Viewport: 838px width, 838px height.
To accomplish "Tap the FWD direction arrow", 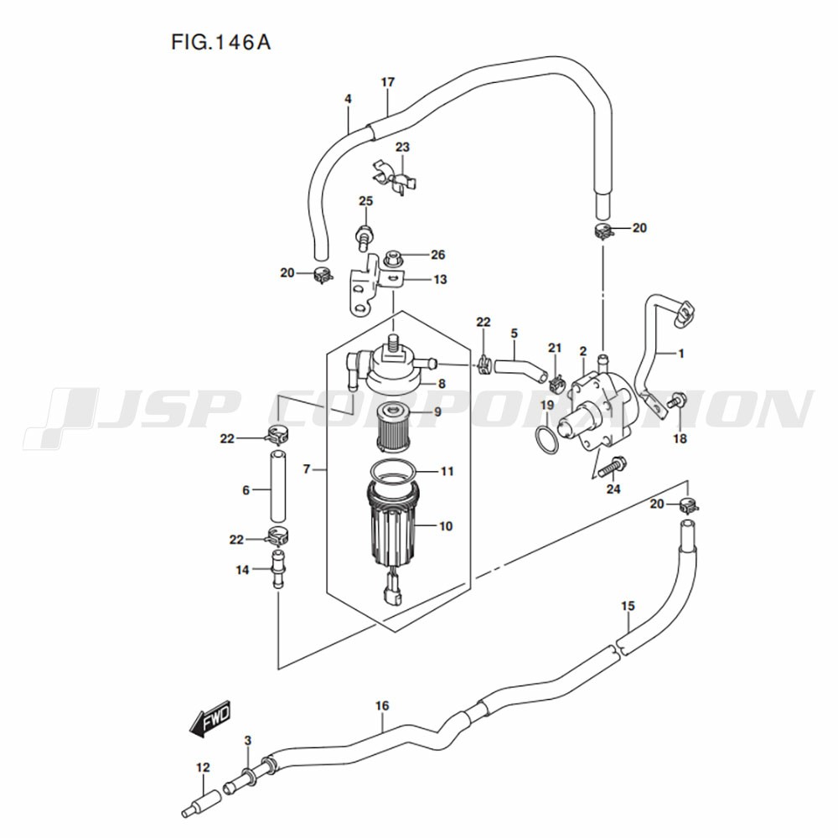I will tap(209, 719).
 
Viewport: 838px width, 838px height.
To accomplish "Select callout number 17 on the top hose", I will tap(387, 82).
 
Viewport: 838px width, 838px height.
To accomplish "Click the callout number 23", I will tap(403, 147).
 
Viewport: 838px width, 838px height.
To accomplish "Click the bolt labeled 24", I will tap(613, 465).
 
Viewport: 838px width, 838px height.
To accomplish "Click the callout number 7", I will tap(308, 469).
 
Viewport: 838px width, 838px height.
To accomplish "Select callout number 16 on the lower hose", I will tap(382, 706).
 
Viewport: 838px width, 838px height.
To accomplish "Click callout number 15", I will tap(628, 605).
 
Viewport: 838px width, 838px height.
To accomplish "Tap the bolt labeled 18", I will tap(679, 401).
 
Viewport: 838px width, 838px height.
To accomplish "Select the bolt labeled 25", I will tap(365, 233).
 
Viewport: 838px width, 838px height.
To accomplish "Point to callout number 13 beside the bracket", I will tap(440, 280).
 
